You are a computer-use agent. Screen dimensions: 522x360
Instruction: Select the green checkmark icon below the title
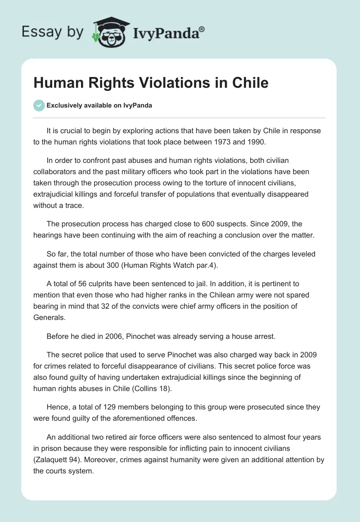(39, 105)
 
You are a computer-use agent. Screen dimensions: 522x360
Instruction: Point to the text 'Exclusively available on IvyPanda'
(99, 106)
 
